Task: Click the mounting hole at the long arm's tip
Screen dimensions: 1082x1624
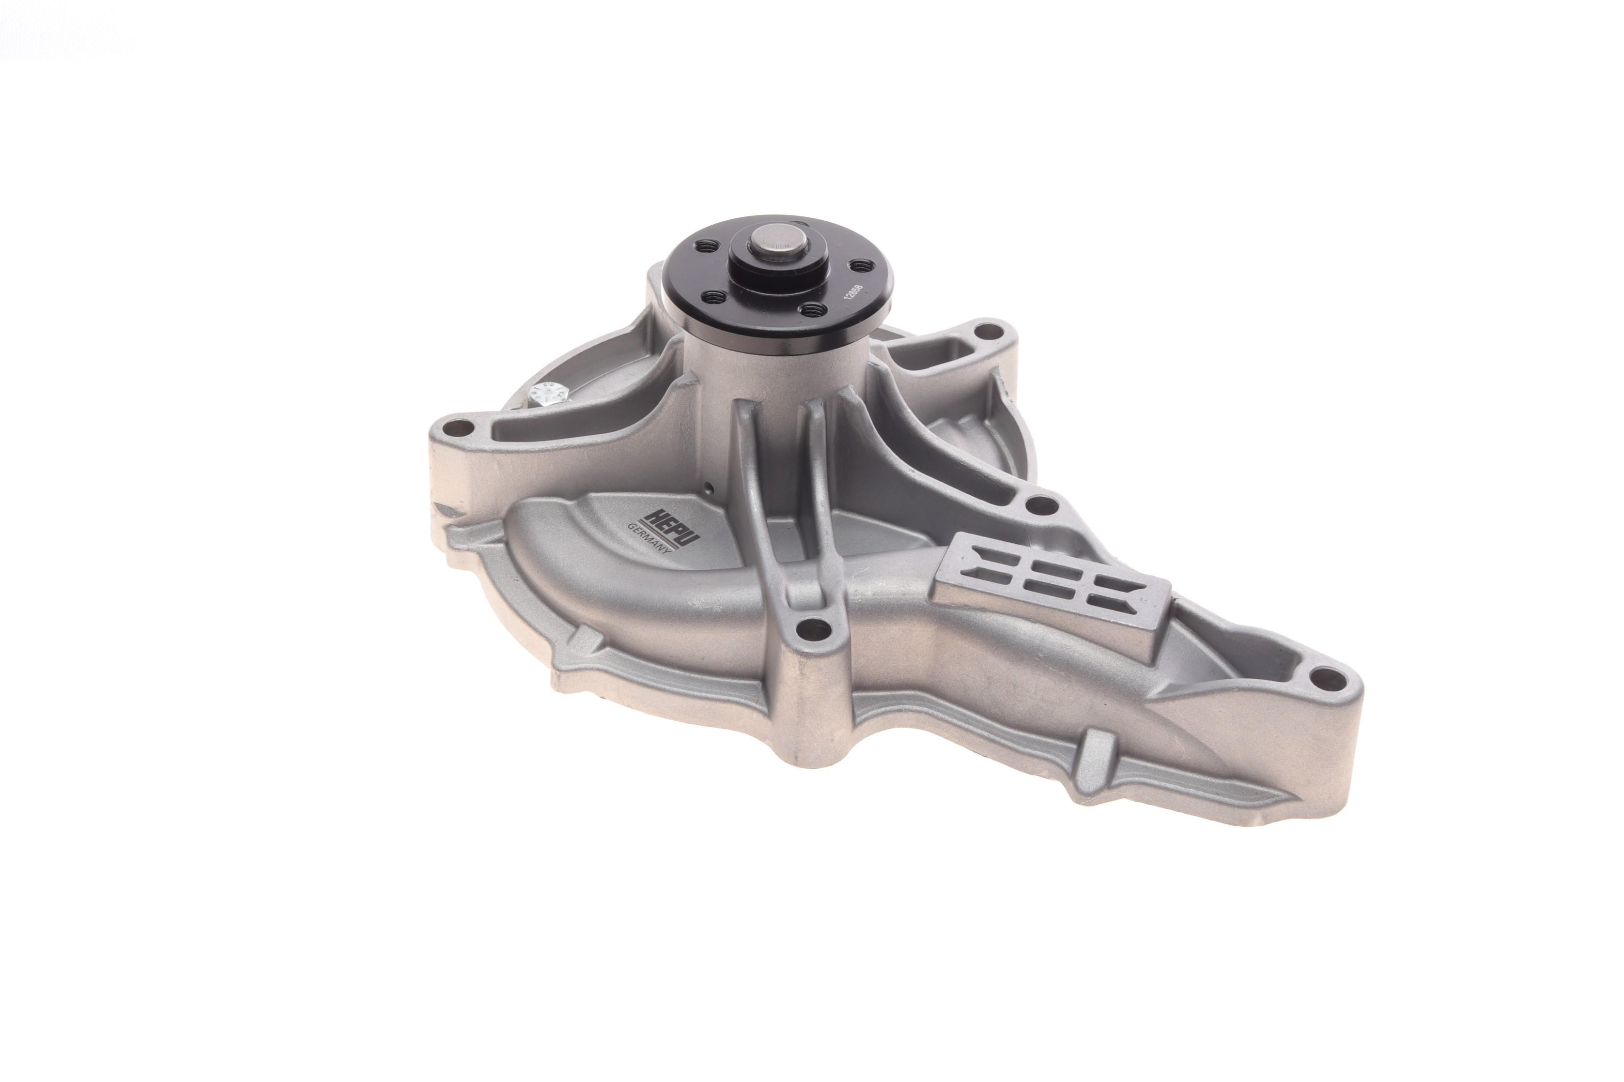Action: point(1322,680)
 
